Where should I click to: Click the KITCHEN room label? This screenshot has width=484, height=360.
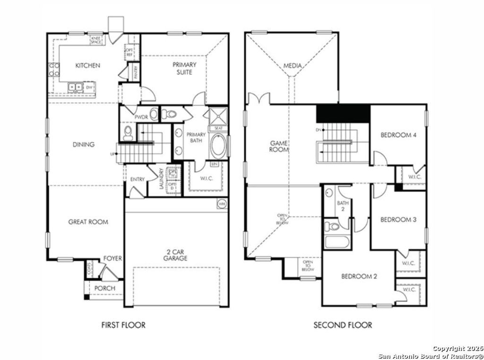(87, 65)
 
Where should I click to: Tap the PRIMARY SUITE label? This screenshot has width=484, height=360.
(184, 68)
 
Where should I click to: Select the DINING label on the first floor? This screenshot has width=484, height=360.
(83, 144)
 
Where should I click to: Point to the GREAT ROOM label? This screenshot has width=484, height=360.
(88, 221)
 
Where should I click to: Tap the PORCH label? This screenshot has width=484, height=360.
(104, 288)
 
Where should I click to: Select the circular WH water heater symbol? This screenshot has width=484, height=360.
(222, 204)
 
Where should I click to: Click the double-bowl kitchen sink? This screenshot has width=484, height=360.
(75, 87)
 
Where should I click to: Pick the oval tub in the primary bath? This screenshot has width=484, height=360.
(218, 147)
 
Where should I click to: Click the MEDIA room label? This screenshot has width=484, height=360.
(292, 66)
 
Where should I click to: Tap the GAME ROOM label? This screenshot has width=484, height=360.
(279, 146)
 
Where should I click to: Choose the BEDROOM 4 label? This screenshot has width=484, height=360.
(398, 135)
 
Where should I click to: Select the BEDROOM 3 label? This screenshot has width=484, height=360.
(398, 220)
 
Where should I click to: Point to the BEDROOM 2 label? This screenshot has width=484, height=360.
(359, 276)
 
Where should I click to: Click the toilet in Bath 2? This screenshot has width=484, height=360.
(334, 226)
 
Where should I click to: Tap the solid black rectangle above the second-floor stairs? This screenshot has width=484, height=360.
(343, 113)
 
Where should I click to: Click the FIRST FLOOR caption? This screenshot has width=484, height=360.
(123, 325)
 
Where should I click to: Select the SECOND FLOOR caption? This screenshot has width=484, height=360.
(343, 325)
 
